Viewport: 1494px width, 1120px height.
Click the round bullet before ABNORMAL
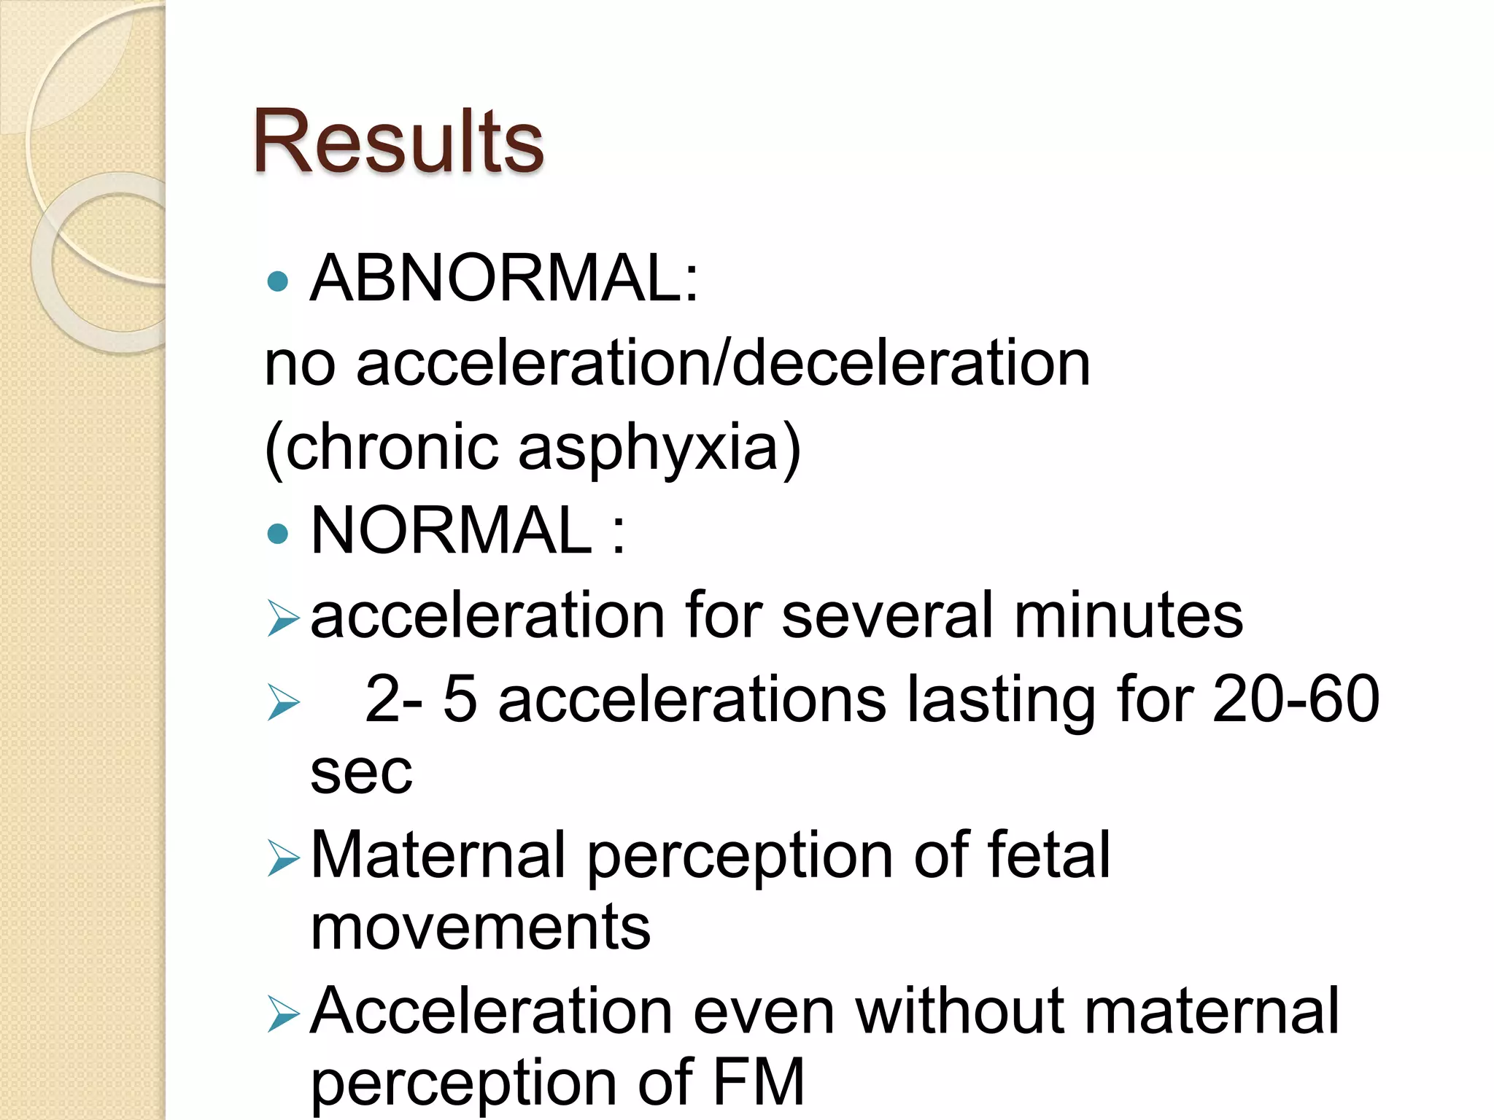(278, 281)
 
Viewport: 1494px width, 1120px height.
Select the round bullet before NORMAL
(278, 534)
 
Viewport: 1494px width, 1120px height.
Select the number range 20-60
(1296, 699)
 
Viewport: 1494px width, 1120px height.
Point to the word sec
(361, 773)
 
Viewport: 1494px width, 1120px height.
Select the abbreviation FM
(758, 1083)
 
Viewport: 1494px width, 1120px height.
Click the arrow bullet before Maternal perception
(283, 857)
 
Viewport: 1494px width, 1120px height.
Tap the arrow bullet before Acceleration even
(283, 1014)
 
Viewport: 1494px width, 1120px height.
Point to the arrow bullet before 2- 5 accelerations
(283, 702)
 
